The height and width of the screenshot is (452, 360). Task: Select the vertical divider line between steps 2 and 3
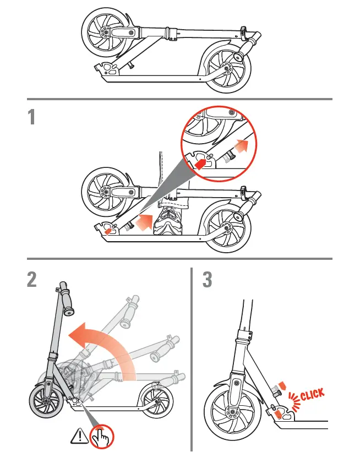(x=191, y=358)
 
